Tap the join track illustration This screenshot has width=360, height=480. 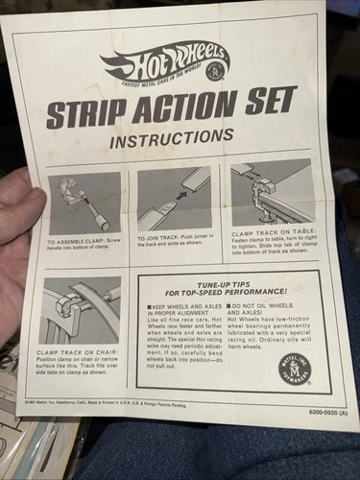(174, 199)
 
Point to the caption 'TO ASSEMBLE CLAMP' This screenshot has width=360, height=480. (82, 244)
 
